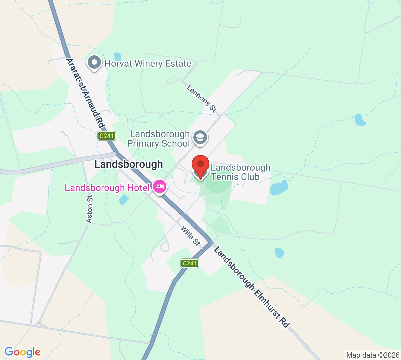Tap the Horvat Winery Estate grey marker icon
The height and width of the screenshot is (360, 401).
click(x=94, y=63)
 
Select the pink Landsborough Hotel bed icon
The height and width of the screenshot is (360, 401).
click(x=160, y=187)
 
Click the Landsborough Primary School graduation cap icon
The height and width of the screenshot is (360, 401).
click(x=200, y=138)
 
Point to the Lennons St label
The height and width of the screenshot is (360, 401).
click(x=202, y=98)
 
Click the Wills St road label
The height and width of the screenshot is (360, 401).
click(x=190, y=236)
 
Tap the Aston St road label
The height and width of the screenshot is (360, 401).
click(x=89, y=209)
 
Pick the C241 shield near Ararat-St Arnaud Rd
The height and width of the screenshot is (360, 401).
click(x=107, y=136)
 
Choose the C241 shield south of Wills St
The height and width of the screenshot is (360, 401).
click(x=189, y=263)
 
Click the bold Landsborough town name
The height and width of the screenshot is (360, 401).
click(x=129, y=164)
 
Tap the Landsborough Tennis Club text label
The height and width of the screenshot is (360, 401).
click(x=240, y=172)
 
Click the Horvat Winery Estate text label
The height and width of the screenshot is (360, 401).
click(x=148, y=63)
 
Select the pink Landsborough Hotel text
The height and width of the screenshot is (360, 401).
click(x=107, y=188)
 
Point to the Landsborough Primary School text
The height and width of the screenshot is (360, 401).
click(x=159, y=139)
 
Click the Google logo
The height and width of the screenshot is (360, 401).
click(x=22, y=352)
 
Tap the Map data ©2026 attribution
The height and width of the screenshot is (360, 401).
click(x=373, y=355)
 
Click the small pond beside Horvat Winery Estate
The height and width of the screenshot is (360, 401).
click(x=117, y=56)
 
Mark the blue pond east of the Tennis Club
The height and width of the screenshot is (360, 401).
click(x=279, y=188)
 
